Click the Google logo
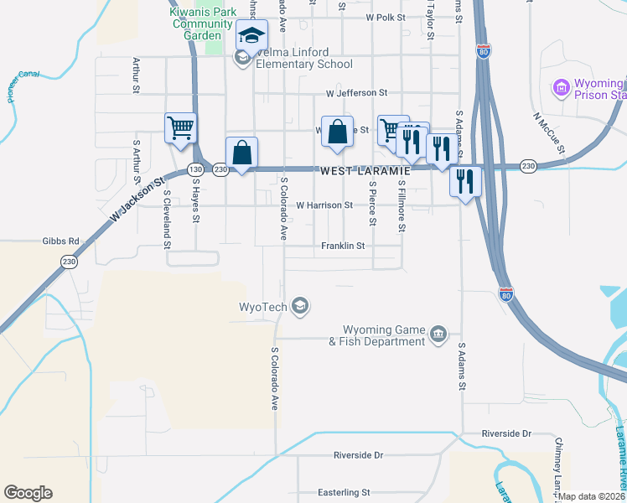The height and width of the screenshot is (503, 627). click(x=28, y=493)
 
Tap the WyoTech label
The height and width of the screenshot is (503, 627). click(x=263, y=307)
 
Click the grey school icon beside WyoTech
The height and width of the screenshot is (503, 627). click(x=300, y=307)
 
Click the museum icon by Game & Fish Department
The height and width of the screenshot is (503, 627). click(x=438, y=335)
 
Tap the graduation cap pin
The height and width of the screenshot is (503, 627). click(x=251, y=35)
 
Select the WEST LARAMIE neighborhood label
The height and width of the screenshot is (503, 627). click(x=365, y=171)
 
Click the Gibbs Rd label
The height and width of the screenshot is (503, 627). click(x=60, y=241)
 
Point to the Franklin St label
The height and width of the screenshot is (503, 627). click(x=344, y=246)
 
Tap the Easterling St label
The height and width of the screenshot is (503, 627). click(x=344, y=492)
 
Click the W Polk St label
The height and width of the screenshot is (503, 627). click(x=386, y=17)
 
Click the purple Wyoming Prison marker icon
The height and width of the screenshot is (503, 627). click(x=560, y=86)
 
